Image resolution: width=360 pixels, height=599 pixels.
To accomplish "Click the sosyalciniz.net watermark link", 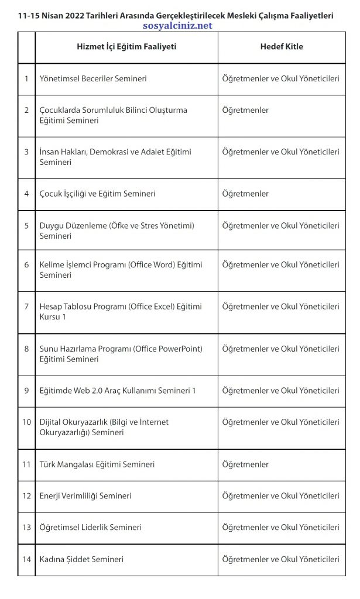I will [177, 26].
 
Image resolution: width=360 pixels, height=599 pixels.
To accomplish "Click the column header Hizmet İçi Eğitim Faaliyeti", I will [126, 47].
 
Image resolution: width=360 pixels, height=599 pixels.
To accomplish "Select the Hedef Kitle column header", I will [282, 47].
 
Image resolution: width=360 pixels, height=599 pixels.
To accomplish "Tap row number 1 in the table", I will [26, 78].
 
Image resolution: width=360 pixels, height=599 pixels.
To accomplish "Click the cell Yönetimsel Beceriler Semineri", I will [93, 78].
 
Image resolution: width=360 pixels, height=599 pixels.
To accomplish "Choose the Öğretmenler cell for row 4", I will [246, 194].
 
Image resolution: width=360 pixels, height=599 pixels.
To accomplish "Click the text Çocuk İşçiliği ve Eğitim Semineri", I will [98, 194].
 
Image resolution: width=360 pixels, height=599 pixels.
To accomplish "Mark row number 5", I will [26, 225].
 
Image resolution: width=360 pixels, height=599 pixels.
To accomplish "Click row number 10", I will [26, 422].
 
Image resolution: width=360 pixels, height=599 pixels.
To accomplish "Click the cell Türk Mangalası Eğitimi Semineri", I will [97, 464].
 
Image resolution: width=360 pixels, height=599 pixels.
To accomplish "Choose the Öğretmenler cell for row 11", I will [246, 464].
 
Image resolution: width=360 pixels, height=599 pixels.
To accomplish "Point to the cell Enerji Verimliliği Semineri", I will [85, 496].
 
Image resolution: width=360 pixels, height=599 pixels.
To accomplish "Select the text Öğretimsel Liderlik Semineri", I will [91, 528].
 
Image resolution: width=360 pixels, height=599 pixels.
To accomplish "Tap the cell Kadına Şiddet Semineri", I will [81, 559].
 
